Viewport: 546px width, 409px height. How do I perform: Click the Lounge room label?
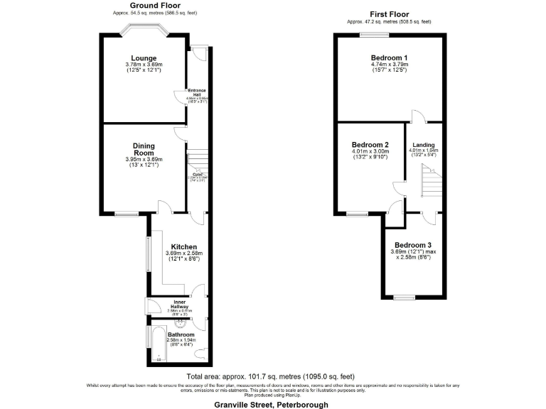(144, 58)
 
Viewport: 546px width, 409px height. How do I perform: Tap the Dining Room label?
(144, 149)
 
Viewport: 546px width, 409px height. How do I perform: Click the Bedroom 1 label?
(389, 58)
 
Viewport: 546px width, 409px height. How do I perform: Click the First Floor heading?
(388, 14)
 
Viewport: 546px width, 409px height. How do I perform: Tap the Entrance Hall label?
(197, 92)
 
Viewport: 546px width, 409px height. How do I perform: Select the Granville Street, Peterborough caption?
(272, 404)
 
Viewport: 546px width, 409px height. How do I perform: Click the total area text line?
(270, 376)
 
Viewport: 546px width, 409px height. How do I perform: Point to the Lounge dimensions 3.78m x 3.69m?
(144, 65)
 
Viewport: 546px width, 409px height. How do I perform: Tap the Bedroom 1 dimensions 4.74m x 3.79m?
(389, 65)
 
